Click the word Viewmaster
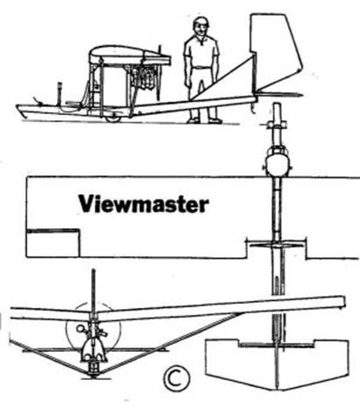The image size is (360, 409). point(144,204)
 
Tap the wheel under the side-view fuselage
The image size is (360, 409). point(111,115)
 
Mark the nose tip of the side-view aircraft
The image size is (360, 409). point(19,109)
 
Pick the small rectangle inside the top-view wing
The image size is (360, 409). point(53,242)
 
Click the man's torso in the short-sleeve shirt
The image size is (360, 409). point(201,57)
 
